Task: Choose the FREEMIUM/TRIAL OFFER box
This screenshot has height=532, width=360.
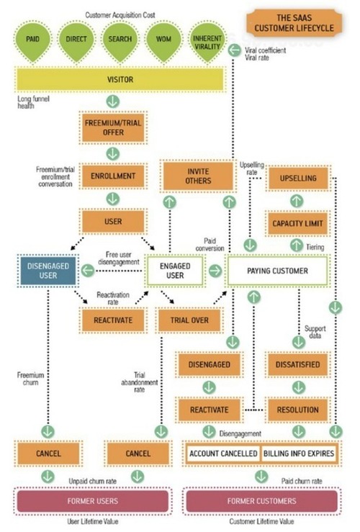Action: point(113,128)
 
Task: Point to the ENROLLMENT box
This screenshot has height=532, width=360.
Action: point(113,176)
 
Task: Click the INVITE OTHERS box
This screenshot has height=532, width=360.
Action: point(198,176)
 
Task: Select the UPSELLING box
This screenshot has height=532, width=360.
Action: point(297,177)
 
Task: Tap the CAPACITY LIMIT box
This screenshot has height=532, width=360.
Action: point(297,223)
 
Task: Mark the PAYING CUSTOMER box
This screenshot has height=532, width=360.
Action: point(277,271)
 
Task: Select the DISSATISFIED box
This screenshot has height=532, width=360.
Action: point(297,364)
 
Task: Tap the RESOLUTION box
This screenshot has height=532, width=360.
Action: point(297,410)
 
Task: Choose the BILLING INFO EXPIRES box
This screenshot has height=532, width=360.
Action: point(300,454)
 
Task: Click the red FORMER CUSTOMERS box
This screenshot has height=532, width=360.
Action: point(262,500)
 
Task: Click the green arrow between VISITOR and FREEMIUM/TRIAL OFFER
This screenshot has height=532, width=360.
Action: point(113,102)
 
